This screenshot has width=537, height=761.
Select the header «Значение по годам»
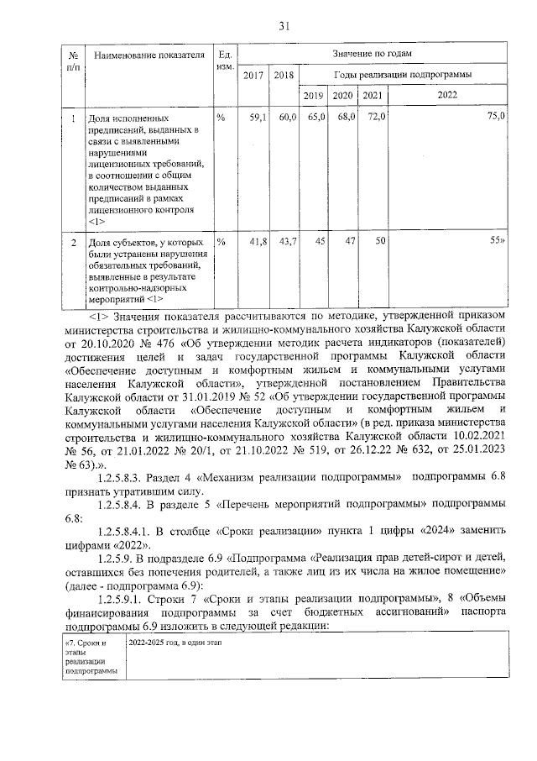pos(373,53)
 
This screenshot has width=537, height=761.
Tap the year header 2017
pos(253,76)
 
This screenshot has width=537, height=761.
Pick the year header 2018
pos(284,76)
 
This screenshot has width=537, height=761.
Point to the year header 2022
pos(447,95)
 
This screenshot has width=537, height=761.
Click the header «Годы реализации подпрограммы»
pos(403,75)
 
